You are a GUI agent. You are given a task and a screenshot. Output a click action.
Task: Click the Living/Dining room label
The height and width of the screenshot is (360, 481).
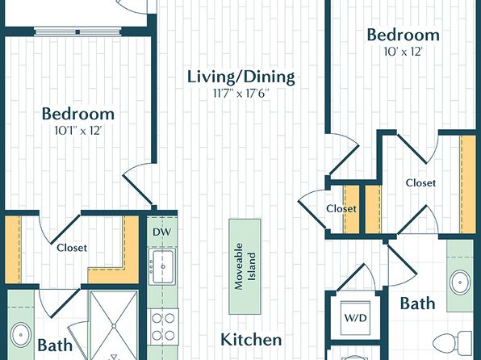coord(241,77)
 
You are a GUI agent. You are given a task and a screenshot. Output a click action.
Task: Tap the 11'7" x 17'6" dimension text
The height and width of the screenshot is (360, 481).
coord(241,93)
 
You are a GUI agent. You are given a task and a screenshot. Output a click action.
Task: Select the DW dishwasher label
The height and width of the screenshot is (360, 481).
coord(162,232)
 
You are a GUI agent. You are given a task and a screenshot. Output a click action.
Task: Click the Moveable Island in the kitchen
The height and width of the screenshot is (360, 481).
coord(245,266)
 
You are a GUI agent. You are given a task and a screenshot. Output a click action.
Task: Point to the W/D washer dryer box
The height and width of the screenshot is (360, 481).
coord(356,318)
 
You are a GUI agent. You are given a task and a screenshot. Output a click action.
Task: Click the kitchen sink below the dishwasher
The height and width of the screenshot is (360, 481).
coord(162,266)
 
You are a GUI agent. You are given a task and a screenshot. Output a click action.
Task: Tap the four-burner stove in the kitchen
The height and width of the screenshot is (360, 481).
coord(163,327)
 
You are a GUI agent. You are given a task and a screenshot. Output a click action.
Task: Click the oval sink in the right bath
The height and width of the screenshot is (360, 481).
coord(461,283)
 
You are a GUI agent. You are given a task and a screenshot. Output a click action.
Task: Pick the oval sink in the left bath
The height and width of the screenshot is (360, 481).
coord(20,335)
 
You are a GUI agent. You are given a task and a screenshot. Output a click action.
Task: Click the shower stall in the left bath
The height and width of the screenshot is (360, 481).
coord(114,325)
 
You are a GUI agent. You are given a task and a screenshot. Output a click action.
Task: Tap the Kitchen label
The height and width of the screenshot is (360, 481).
coord(251,340)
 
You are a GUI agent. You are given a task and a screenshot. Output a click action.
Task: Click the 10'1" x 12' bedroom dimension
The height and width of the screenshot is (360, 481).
coord(78,131)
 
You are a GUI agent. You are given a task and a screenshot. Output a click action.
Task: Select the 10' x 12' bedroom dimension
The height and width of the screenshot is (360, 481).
coord(404,52)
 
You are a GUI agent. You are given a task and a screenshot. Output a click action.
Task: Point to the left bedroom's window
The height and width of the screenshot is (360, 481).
coord(77,31)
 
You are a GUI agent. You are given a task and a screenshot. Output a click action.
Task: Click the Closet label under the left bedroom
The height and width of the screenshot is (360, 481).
coord(72,248)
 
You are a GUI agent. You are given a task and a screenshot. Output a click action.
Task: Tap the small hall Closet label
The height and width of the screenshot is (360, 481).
coord(341,209)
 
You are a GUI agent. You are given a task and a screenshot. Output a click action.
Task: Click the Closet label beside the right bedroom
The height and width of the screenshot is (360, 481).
coord(420,183)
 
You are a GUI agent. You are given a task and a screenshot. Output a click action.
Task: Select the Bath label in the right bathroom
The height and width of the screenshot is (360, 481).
coord(417,303)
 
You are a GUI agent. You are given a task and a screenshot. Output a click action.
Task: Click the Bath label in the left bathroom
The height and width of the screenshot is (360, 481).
coord(55,345)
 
